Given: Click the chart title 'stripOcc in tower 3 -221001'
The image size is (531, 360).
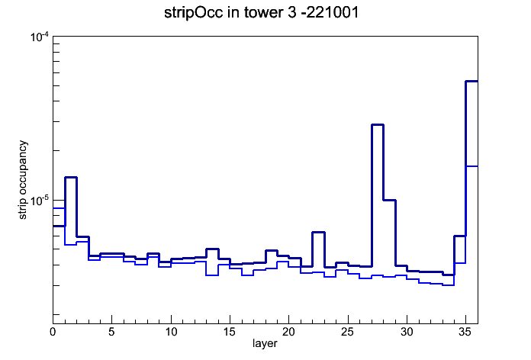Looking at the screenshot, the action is pyautogui.click(x=261, y=13).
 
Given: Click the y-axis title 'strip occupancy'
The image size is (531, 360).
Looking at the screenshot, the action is pyautogui.click(x=22, y=180).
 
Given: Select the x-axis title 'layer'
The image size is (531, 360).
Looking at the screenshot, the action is pyautogui.click(x=265, y=344).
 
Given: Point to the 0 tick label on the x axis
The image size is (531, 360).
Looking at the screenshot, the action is pyautogui.click(x=53, y=332).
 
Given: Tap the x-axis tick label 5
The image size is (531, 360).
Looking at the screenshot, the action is pyautogui.click(x=111, y=332).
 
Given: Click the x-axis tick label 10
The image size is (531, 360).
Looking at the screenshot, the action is pyautogui.click(x=171, y=332).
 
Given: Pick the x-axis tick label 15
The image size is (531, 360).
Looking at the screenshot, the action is pyautogui.click(x=230, y=332).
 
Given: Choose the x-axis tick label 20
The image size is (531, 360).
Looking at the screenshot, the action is pyautogui.click(x=288, y=332).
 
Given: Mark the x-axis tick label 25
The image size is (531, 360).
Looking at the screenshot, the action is pyautogui.click(x=348, y=332).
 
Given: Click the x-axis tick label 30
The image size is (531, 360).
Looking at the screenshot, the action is pyautogui.click(x=407, y=332).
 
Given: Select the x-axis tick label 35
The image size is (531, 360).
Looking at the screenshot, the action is pyautogui.click(x=465, y=332).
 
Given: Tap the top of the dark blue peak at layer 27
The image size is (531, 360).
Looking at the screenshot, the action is pyautogui.click(x=378, y=124).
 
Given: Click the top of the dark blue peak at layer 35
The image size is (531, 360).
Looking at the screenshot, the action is pyautogui.click(x=471, y=82).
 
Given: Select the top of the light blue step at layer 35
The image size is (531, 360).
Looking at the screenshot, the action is pyautogui.click(x=471, y=166).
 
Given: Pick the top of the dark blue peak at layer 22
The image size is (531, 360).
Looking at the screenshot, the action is pyautogui.click(x=318, y=233).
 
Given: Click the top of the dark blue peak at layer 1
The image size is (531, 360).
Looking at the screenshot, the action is pyautogui.click(x=71, y=177).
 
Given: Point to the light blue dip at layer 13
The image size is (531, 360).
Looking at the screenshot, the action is pyautogui.click(x=212, y=275).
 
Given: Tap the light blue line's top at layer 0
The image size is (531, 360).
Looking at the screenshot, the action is pyautogui.click(x=59, y=208).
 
